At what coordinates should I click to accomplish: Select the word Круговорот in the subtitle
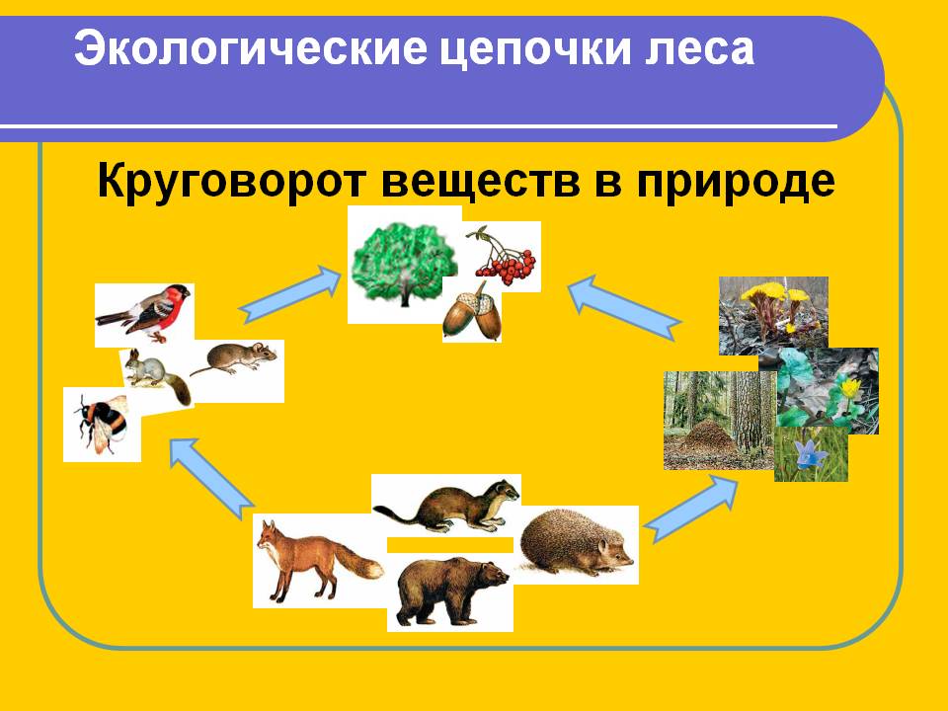(x=232, y=181)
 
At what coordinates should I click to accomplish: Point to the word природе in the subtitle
(x=736, y=181)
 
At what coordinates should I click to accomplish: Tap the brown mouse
(x=235, y=357)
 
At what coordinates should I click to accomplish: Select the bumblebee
(x=101, y=423)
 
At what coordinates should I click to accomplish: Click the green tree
(x=405, y=264)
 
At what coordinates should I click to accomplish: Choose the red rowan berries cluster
(x=505, y=257)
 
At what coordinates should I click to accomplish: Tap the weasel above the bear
(x=446, y=506)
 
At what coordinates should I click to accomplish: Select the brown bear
(x=451, y=592)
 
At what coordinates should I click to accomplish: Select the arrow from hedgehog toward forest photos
(x=690, y=508)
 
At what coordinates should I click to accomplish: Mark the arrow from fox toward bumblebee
(x=211, y=479)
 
